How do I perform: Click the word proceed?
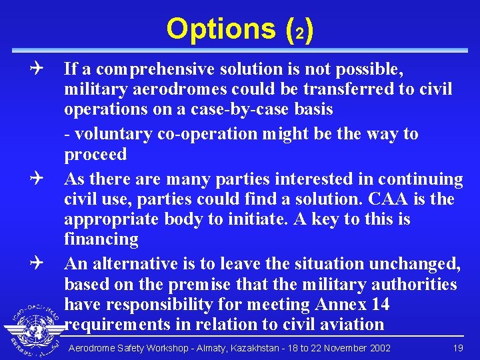point(95,154)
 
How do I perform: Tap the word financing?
point(101,239)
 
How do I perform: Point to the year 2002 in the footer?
point(378,348)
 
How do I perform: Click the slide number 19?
point(458,348)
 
